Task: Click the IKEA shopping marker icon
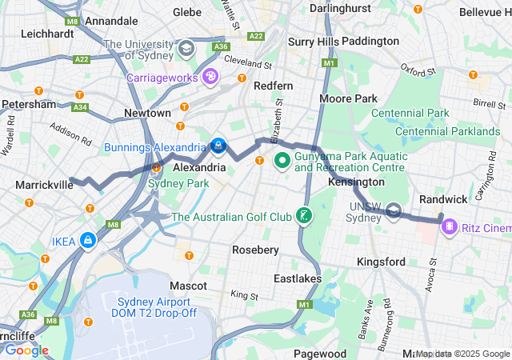(x=87, y=241)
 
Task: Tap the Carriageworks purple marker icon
(x=210, y=78)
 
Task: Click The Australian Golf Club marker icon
(x=303, y=216)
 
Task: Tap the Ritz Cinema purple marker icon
(x=450, y=228)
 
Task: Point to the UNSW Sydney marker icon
(x=394, y=211)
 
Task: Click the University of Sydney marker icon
(x=186, y=49)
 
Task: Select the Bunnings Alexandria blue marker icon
(x=218, y=146)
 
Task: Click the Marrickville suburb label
(x=44, y=185)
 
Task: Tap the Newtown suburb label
(x=146, y=114)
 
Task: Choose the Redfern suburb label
(x=273, y=86)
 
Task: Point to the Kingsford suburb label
(x=380, y=262)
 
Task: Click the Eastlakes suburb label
(x=297, y=278)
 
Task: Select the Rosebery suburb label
(x=255, y=250)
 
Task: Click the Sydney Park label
(x=178, y=184)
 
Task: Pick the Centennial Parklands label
(x=447, y=131)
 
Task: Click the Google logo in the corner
(x=26, y=350)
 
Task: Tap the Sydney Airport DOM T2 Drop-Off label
(x=154, y=307)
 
